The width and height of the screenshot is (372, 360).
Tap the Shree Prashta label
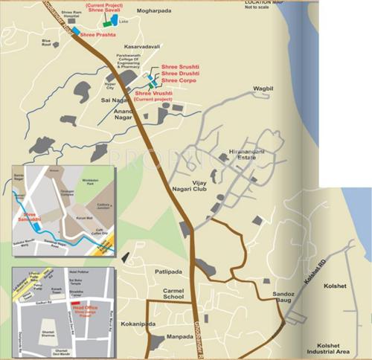coord(102,33)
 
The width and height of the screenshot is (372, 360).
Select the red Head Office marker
coord(63,304)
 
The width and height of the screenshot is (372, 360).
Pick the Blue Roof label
coord(51,44)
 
